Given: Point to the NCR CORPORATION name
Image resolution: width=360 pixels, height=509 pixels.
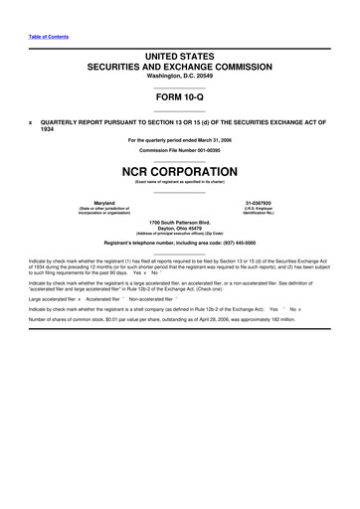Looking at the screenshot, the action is click(180, 170).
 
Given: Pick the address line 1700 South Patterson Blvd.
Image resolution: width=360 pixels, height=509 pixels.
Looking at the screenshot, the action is click(180, 221).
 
